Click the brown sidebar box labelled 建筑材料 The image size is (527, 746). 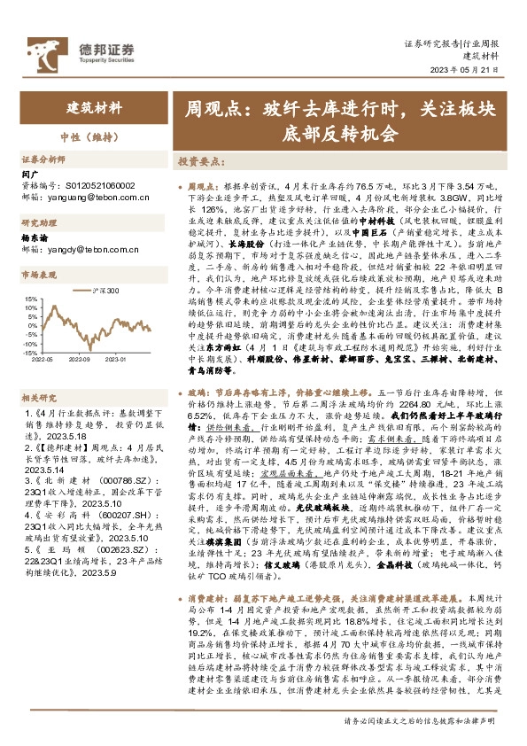pos(95,108)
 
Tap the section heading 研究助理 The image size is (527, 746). pos(39,222)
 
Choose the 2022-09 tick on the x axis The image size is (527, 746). pos(83,361)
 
